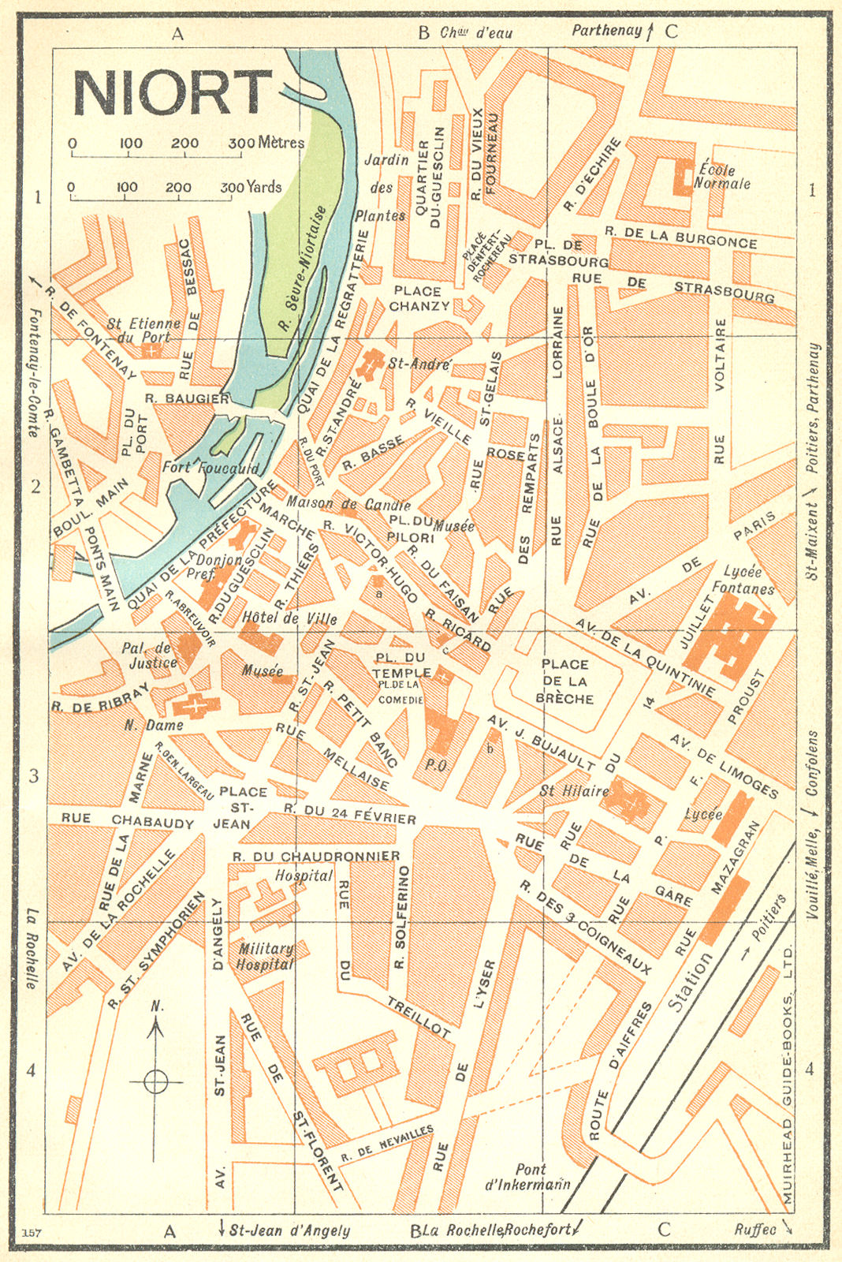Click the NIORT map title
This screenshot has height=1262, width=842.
pos(172,93)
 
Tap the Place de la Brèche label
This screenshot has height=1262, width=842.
pos(564,681)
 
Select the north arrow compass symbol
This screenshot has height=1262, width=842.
pos(156,1080)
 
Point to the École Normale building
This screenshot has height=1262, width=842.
pos(682,176)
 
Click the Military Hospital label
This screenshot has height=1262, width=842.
pos(265,956)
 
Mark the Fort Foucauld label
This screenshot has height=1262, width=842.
pos(210,467)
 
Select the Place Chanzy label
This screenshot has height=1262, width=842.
pos(419,298)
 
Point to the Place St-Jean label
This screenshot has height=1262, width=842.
pos(240,807)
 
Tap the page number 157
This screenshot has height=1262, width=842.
pos(32,1233)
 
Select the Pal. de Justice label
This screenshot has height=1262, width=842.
pos(150,655)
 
